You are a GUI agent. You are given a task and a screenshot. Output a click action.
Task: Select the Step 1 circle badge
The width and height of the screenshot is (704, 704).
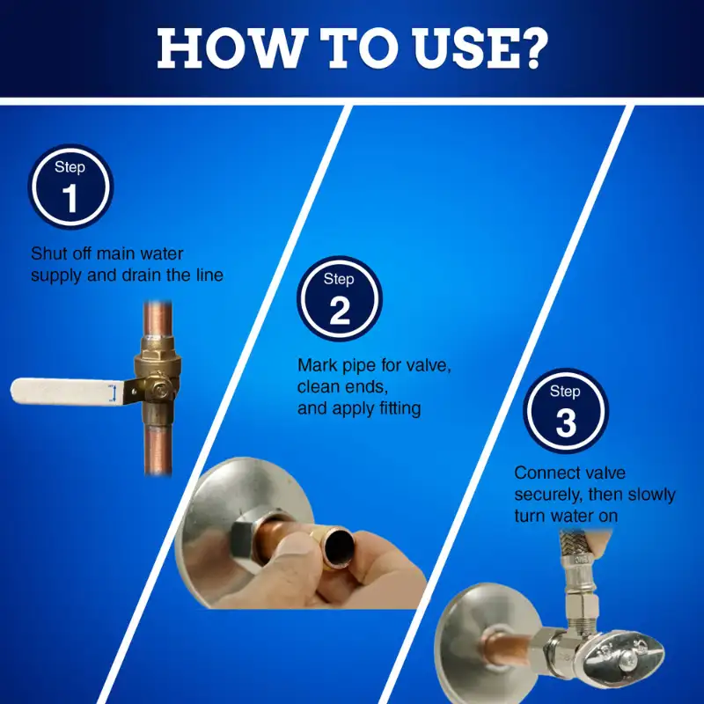(70, 187)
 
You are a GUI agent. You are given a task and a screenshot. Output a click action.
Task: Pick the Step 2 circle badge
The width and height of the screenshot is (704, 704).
(340, 298)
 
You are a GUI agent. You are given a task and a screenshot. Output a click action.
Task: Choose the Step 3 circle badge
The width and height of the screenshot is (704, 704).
(566, 411)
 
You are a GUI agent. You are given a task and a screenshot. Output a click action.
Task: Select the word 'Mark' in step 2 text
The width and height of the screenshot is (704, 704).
(318, 365)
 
